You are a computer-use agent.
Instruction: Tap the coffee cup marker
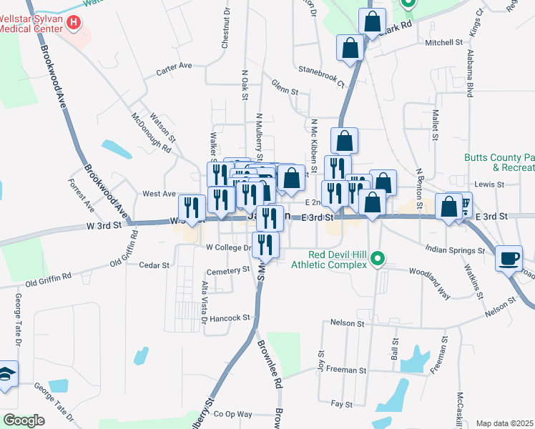coord(509,258)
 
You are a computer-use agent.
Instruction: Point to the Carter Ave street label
coord(175,66)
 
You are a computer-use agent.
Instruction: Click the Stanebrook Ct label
coord(322,72)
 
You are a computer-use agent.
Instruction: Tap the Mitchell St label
coord(443,43)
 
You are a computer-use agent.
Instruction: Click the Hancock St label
coord(230,317)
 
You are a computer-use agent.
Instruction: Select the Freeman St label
coord(347,370)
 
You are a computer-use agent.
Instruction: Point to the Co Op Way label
coord(234,414)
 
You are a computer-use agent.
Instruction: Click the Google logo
coord(24,420)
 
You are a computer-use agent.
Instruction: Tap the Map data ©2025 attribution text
coord(505,423)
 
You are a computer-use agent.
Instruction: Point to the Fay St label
coord(342,404)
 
